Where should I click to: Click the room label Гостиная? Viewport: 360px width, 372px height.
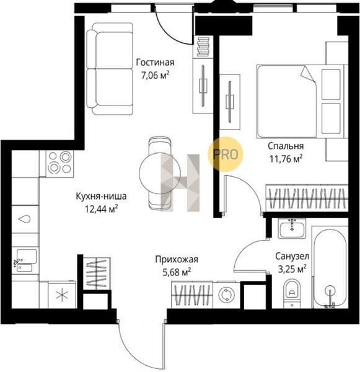[155, 62]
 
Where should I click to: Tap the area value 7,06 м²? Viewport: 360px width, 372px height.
[156, 76]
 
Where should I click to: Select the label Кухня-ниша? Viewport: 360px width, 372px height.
[101, 196]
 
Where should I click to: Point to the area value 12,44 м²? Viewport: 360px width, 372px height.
[102, 210]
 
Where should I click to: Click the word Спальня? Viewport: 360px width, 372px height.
[286, 146]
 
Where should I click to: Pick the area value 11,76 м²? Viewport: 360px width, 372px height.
[286, 159]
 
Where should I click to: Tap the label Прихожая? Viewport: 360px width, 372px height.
[177, 259]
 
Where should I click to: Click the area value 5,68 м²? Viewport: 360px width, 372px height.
[177, 272]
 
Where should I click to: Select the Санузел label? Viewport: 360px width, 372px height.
[292, 256]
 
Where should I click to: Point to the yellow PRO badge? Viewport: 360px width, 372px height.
[226, 154]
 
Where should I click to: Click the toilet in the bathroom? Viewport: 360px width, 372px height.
[292, 293]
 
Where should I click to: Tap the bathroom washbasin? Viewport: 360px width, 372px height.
[292, 229]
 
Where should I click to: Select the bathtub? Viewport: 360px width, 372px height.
[330, 268]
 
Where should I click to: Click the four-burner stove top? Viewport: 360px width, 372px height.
[59, 162]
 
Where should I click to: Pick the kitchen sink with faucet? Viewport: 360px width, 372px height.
[24, 260]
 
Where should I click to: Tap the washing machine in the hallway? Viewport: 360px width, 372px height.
[225, 295]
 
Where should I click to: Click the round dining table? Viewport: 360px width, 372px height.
[160, 173]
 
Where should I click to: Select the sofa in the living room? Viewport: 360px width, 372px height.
[109, 69]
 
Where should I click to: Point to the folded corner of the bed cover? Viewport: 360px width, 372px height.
[308, 74]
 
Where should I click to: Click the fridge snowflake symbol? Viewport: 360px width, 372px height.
[62, 296]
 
